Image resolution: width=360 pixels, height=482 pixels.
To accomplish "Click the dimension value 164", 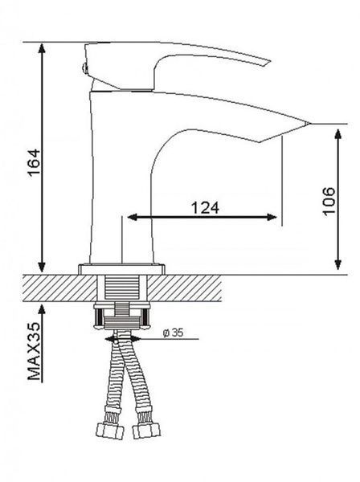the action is point(34,162).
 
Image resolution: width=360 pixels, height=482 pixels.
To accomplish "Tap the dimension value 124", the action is point(206,208).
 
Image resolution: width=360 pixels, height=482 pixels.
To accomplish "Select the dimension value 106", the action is point(329,202).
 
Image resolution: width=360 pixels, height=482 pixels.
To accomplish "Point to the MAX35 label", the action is point(34,351).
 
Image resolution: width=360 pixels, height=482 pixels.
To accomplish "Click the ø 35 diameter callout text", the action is point(173,333).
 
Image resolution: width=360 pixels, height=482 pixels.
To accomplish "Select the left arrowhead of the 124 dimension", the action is point(133,218).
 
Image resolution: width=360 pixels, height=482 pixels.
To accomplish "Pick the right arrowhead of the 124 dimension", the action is point(272,218).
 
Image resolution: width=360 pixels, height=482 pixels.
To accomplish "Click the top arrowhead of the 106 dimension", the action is point(338,135).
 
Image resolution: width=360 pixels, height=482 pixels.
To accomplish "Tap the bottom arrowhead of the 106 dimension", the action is point(338,263).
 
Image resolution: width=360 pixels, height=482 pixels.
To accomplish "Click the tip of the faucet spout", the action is point(310,124).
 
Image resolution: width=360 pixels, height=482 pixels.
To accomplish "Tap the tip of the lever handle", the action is point(268,63).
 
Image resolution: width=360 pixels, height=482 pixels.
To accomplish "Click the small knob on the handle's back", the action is point(83,67).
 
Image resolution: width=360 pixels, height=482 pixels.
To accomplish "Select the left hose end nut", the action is point(110,430).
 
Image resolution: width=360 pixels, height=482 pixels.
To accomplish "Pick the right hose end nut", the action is point(146,430).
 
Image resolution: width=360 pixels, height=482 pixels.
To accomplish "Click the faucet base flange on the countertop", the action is point(121,269).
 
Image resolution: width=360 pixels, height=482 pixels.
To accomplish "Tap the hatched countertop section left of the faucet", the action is point(60,288).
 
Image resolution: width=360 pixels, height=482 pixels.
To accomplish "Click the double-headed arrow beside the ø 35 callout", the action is point(123,339).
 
